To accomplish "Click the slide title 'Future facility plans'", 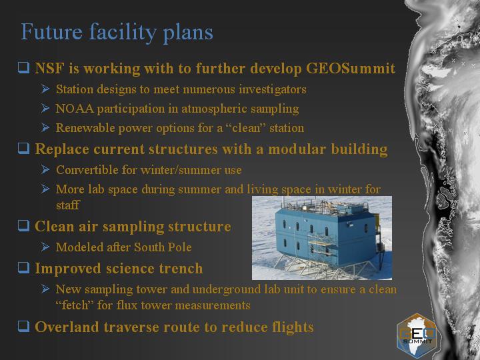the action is pos(117,33).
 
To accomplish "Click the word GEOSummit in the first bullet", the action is pos(351,68).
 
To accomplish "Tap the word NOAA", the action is pos(75,109).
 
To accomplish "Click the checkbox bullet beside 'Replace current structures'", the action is pos(23,148).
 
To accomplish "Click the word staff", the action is pos(67,205).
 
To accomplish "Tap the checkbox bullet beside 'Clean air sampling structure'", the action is pos(23,225).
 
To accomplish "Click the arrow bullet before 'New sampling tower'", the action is pos(45,289).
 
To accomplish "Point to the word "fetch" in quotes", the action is pos(75,305).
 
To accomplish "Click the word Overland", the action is pos(67,327).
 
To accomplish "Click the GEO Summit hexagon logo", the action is pos(417,335).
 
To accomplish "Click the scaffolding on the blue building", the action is pos(320,248).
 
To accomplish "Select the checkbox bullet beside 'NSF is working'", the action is pos(23,67).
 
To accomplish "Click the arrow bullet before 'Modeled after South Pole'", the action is pos(45,247).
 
